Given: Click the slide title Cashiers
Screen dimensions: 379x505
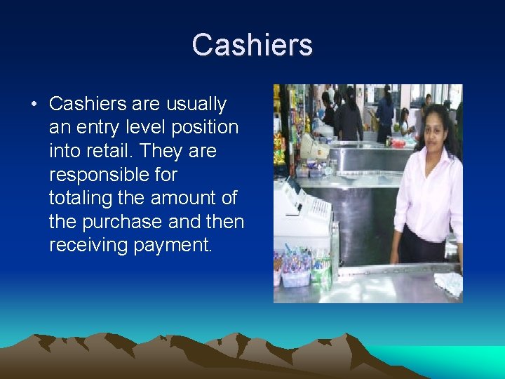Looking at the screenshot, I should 252,45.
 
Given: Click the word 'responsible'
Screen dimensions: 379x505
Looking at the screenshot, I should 113,175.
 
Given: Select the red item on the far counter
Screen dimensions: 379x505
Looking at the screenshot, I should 398,142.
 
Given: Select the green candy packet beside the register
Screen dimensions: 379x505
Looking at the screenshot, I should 321,270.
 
